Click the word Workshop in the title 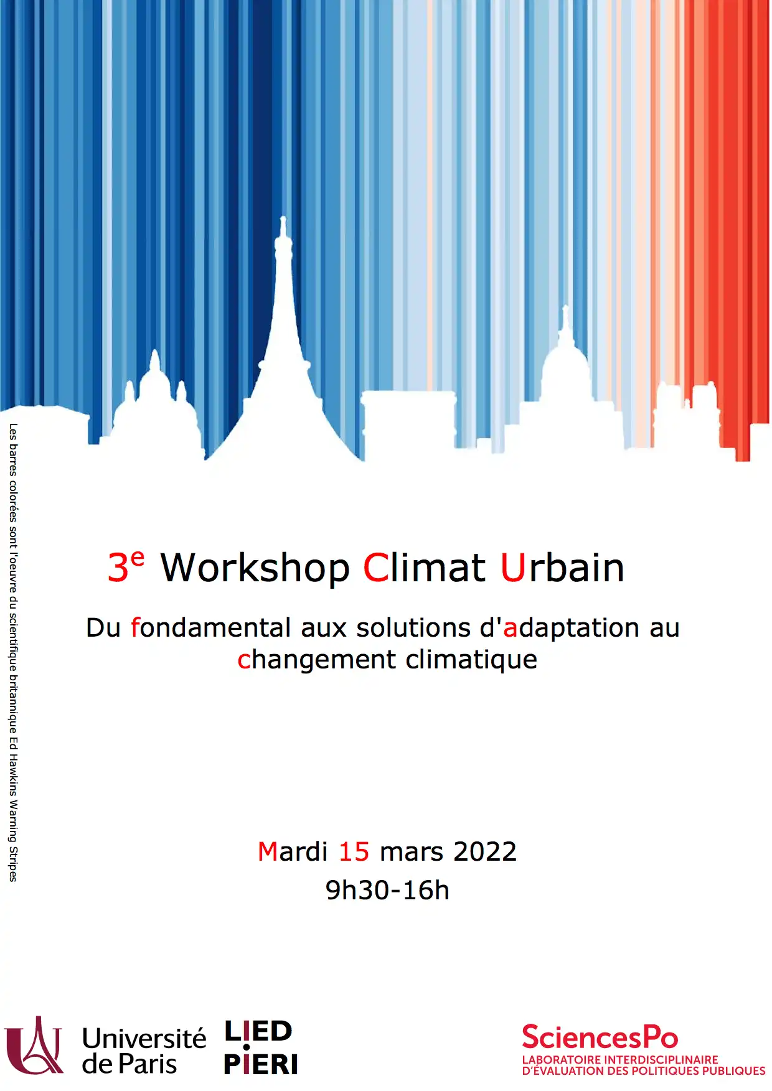[x=255, y=569]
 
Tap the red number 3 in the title [x=118, y=568]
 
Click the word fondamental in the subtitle [x=211, y=627]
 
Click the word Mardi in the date [x=293, y=851]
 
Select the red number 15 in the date [x=354, y=851]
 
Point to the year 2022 [x=485, y=851]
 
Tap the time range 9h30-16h [x=387, y=890]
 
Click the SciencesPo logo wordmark [x=600, y=1037]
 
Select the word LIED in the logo [x=258, y=1031]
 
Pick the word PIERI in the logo [x=261, y=1064]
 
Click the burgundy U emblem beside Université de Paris [x=34, y=1046]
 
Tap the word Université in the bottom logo [x=144, y=1038]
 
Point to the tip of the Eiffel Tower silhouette [x=283, y=217]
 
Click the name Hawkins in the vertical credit [x=13, y=776]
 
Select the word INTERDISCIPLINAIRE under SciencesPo [x=661, y=1059]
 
